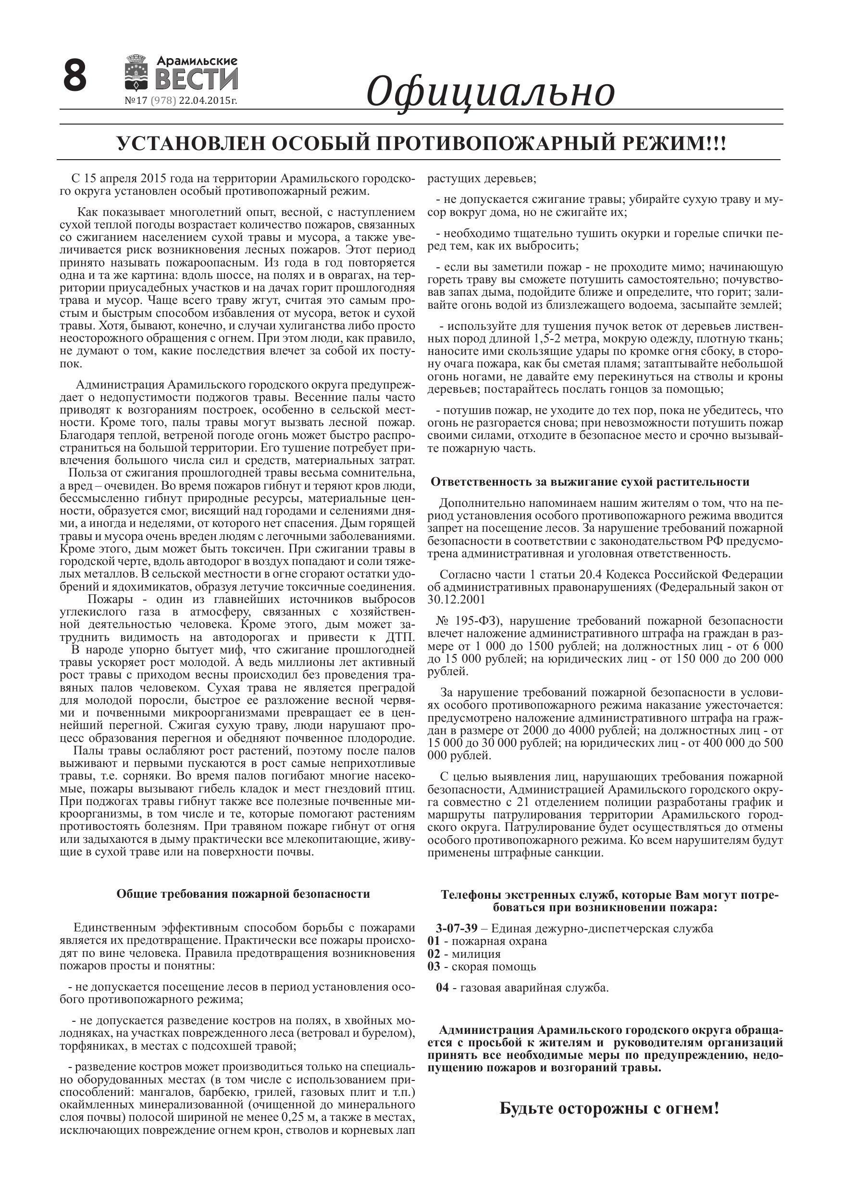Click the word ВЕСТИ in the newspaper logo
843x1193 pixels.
pyautogui.click(x=197, y=79)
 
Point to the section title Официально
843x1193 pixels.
pyautogui.click(x=490, y=91)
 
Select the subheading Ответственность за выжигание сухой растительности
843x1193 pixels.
pyautogui.click(x=590, y=482)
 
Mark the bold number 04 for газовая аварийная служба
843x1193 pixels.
pyautogui.click(x=443, y=988)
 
